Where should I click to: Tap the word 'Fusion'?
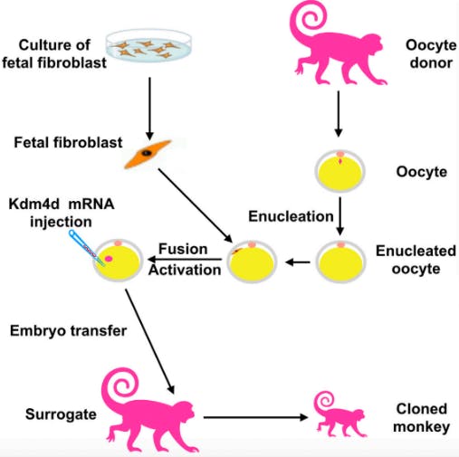(185, 249)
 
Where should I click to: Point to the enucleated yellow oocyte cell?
(340, 262)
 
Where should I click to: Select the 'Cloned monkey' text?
(422, 417)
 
